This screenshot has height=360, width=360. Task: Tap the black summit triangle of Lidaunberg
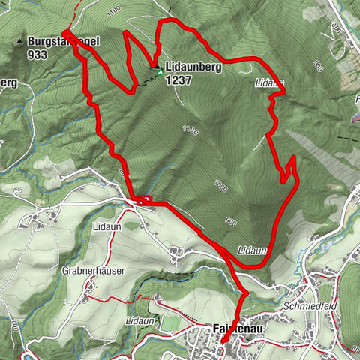coord(157,67)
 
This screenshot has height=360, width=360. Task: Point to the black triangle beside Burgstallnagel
coord(19,41)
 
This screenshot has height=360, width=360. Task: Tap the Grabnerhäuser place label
coord(93,270)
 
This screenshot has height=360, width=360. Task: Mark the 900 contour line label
coord(231,220)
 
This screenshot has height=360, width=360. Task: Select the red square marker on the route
coord(145,199)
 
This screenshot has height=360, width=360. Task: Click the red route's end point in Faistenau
coord(223,343)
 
